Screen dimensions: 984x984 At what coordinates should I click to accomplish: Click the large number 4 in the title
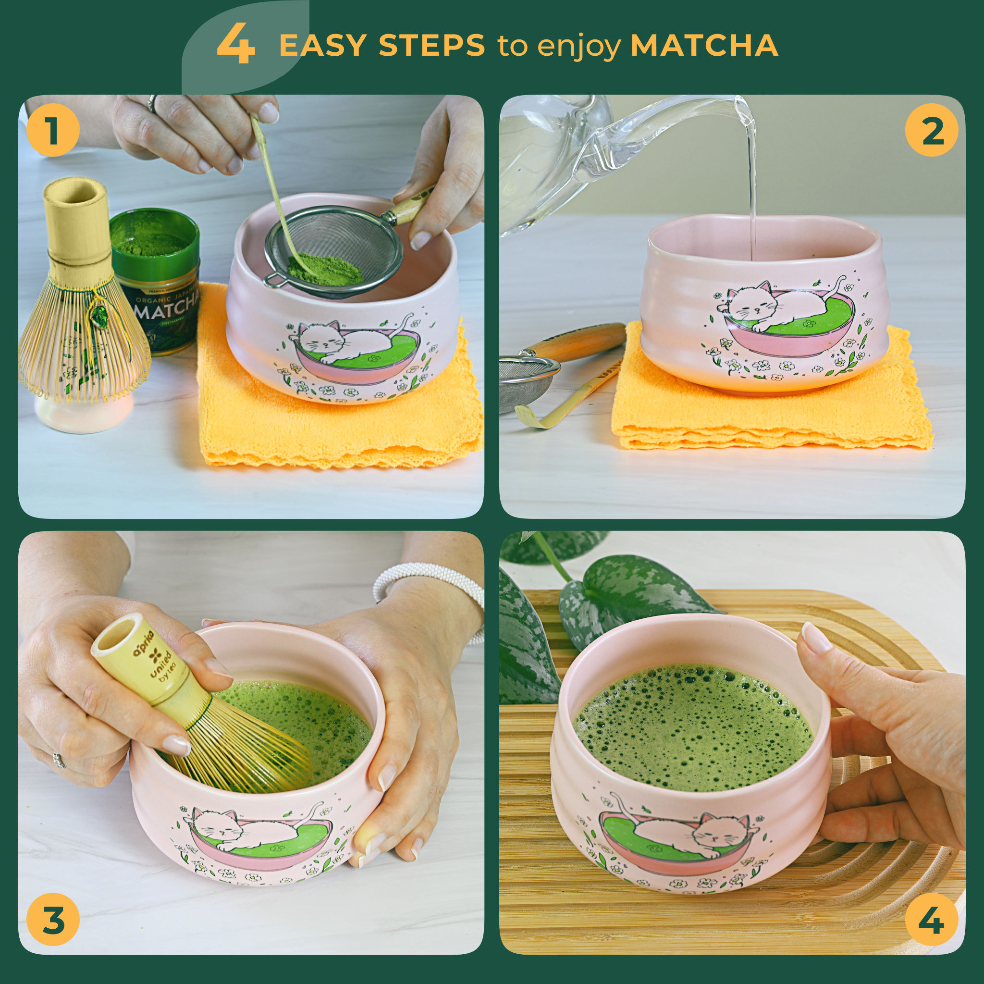pyautogui.click(x=235, y=45)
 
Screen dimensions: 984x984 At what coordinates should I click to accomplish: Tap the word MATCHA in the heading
pyautogui.click(x=704, y=45)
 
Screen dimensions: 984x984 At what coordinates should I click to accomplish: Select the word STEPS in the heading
pyautogui.click(x=431, y=45)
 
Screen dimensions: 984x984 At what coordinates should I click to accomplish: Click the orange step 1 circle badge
pyautogui.click(x=53, y=130)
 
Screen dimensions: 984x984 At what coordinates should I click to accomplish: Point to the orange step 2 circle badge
pyautogui.click(x=931, y=130)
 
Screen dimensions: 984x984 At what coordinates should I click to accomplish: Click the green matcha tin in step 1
pyautogui.click(x=155, y=285)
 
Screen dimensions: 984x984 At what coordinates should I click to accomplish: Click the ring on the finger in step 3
pyautogui.click(x=60, y=760)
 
